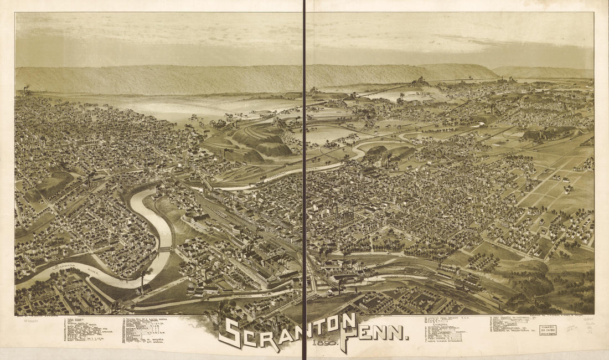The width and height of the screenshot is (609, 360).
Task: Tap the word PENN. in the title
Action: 378,333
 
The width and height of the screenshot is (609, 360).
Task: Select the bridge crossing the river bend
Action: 164,249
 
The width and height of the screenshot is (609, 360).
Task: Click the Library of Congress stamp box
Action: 548,330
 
